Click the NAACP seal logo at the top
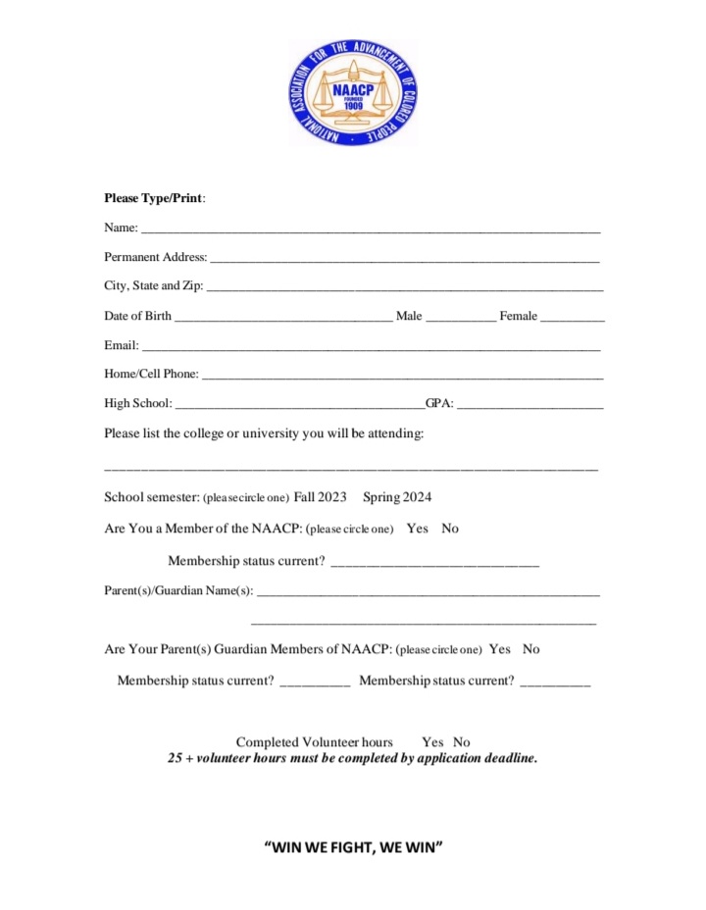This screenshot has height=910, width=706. [x=353, y=93]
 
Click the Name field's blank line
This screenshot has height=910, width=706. [x=370, y=230]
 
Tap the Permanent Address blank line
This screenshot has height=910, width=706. [x=404, y=260]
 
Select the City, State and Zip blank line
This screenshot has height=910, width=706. [x=404, y=289]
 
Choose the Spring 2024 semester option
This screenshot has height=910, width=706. [x=397, y=497]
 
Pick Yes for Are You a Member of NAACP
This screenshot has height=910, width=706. [x=418, y=529]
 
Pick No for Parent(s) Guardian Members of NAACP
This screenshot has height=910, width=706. [x=530, y=649]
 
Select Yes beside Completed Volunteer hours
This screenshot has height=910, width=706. [x=432, y=742]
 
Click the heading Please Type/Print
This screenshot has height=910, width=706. [x=155, y=198]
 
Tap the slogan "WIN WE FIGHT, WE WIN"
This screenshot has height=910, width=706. [x=354, y=846]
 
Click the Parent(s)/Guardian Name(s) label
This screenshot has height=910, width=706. [x=178, y=590]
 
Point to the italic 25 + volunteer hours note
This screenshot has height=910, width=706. [x=353, y=758]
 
